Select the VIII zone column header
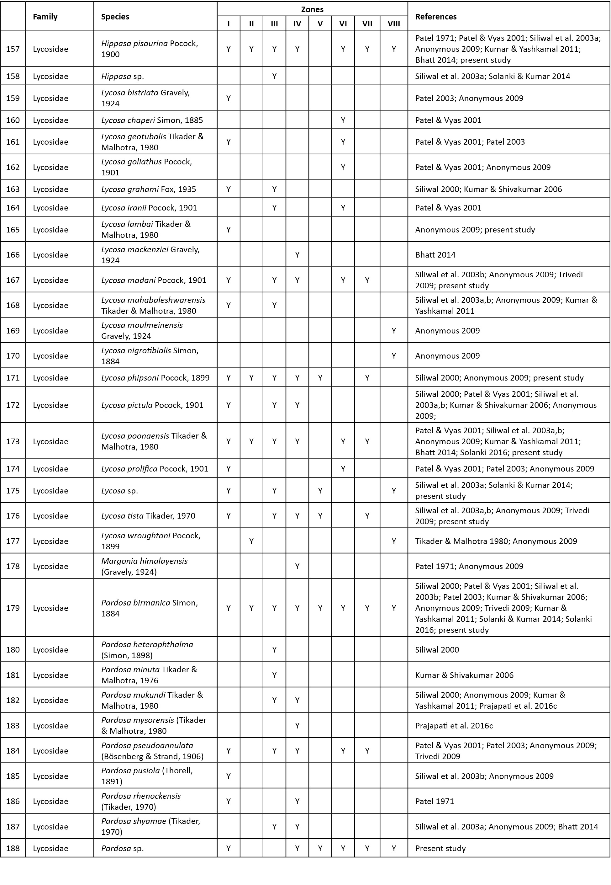tap(393, 24)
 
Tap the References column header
tap(436, 17)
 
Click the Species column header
tap(115, 17)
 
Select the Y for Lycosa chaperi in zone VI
tap(343, 120)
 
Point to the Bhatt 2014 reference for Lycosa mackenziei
tap(435, 255)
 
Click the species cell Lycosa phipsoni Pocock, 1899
tap(155, 378)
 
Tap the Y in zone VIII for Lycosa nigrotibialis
tap(393, 356)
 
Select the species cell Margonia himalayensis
tap(144, 566)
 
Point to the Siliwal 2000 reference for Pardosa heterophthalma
tap(437, 650)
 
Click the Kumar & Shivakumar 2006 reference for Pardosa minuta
tap(464, 675)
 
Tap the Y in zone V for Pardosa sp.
tap(320, 848)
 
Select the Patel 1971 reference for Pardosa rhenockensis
tap(435, 801)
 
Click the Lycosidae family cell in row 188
tap(50, 848)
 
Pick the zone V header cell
tap(320, 24)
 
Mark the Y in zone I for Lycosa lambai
tap(229, 230)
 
